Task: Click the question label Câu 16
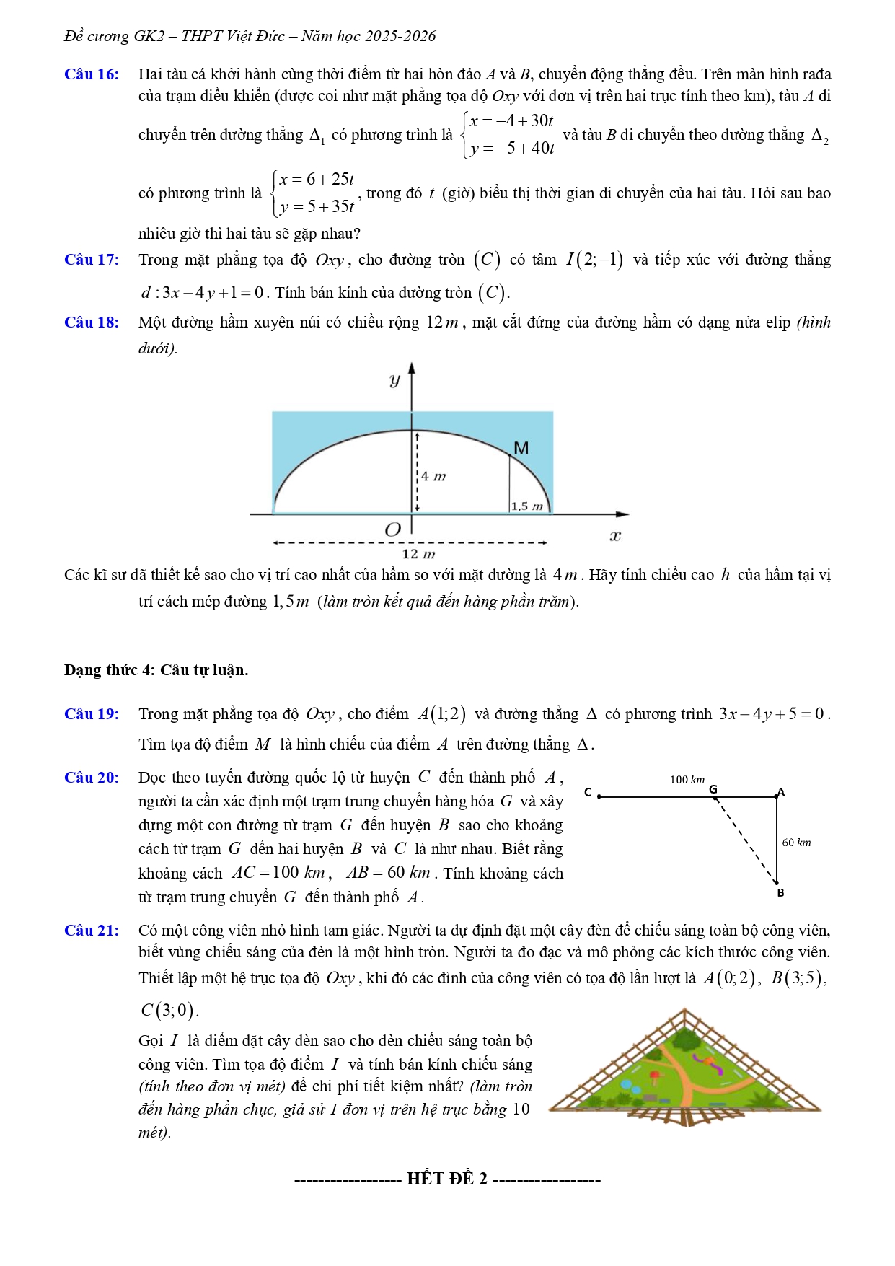click(x=92, y=74)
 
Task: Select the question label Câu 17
click(x=92, y=260)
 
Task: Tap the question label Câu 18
click(x=92, y=322)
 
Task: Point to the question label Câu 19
click(x=92, y=714)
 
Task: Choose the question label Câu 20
click(x=92, y=778)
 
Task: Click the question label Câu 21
click(x=92, y=931)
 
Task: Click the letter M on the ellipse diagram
click(x=521, y=449)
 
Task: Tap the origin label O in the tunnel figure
click(x=392, y=530)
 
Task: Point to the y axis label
click(x=394, y=379)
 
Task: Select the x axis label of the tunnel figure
click(x=615, y=536)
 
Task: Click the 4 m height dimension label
click(x=433, y=476)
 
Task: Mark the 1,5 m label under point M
click(x=526, y=506)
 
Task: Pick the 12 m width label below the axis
click(x=418, y=554)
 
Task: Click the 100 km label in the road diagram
click(x=687, y=780)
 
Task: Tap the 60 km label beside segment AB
click(x=796, y=843)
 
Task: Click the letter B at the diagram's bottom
click(x=780, y=893)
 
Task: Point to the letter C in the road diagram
click(x=588, y=792)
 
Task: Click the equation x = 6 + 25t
click(x=317, y=179)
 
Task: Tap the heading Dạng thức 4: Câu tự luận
click(x=156, y=670)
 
